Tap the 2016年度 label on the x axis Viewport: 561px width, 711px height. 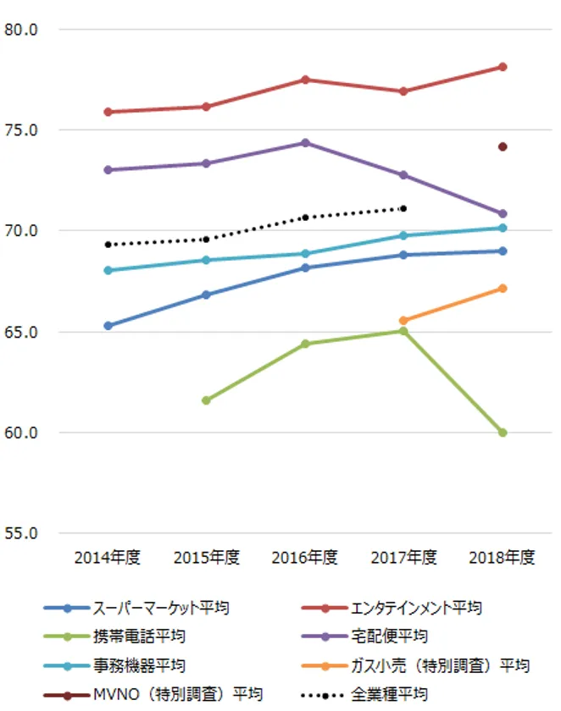click(x=304, y=558)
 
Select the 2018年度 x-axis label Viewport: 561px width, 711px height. click(x=503, y=558)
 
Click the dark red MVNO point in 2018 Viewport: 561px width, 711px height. click(x=503, y=146)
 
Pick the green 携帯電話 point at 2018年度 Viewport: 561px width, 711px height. click(x=503, y=433)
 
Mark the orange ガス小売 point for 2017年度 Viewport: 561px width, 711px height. click(x=403, y=321)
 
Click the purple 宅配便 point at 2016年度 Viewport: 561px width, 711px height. click(x=305, y=143)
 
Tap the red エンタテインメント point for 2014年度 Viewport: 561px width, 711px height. click(x=108, y=112)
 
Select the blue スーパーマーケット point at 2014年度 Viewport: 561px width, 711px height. click(x=108, y=326)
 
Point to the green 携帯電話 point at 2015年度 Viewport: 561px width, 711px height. click(x=206, y=400)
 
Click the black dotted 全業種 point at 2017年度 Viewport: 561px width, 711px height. click(x=403, y=208)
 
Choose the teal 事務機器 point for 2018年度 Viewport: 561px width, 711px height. click(x=503, y=228)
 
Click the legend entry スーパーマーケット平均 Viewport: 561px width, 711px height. click(x=160, y=608)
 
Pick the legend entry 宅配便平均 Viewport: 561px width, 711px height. click(x=389, y=636)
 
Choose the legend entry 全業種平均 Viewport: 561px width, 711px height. click(x=389, y=693)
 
